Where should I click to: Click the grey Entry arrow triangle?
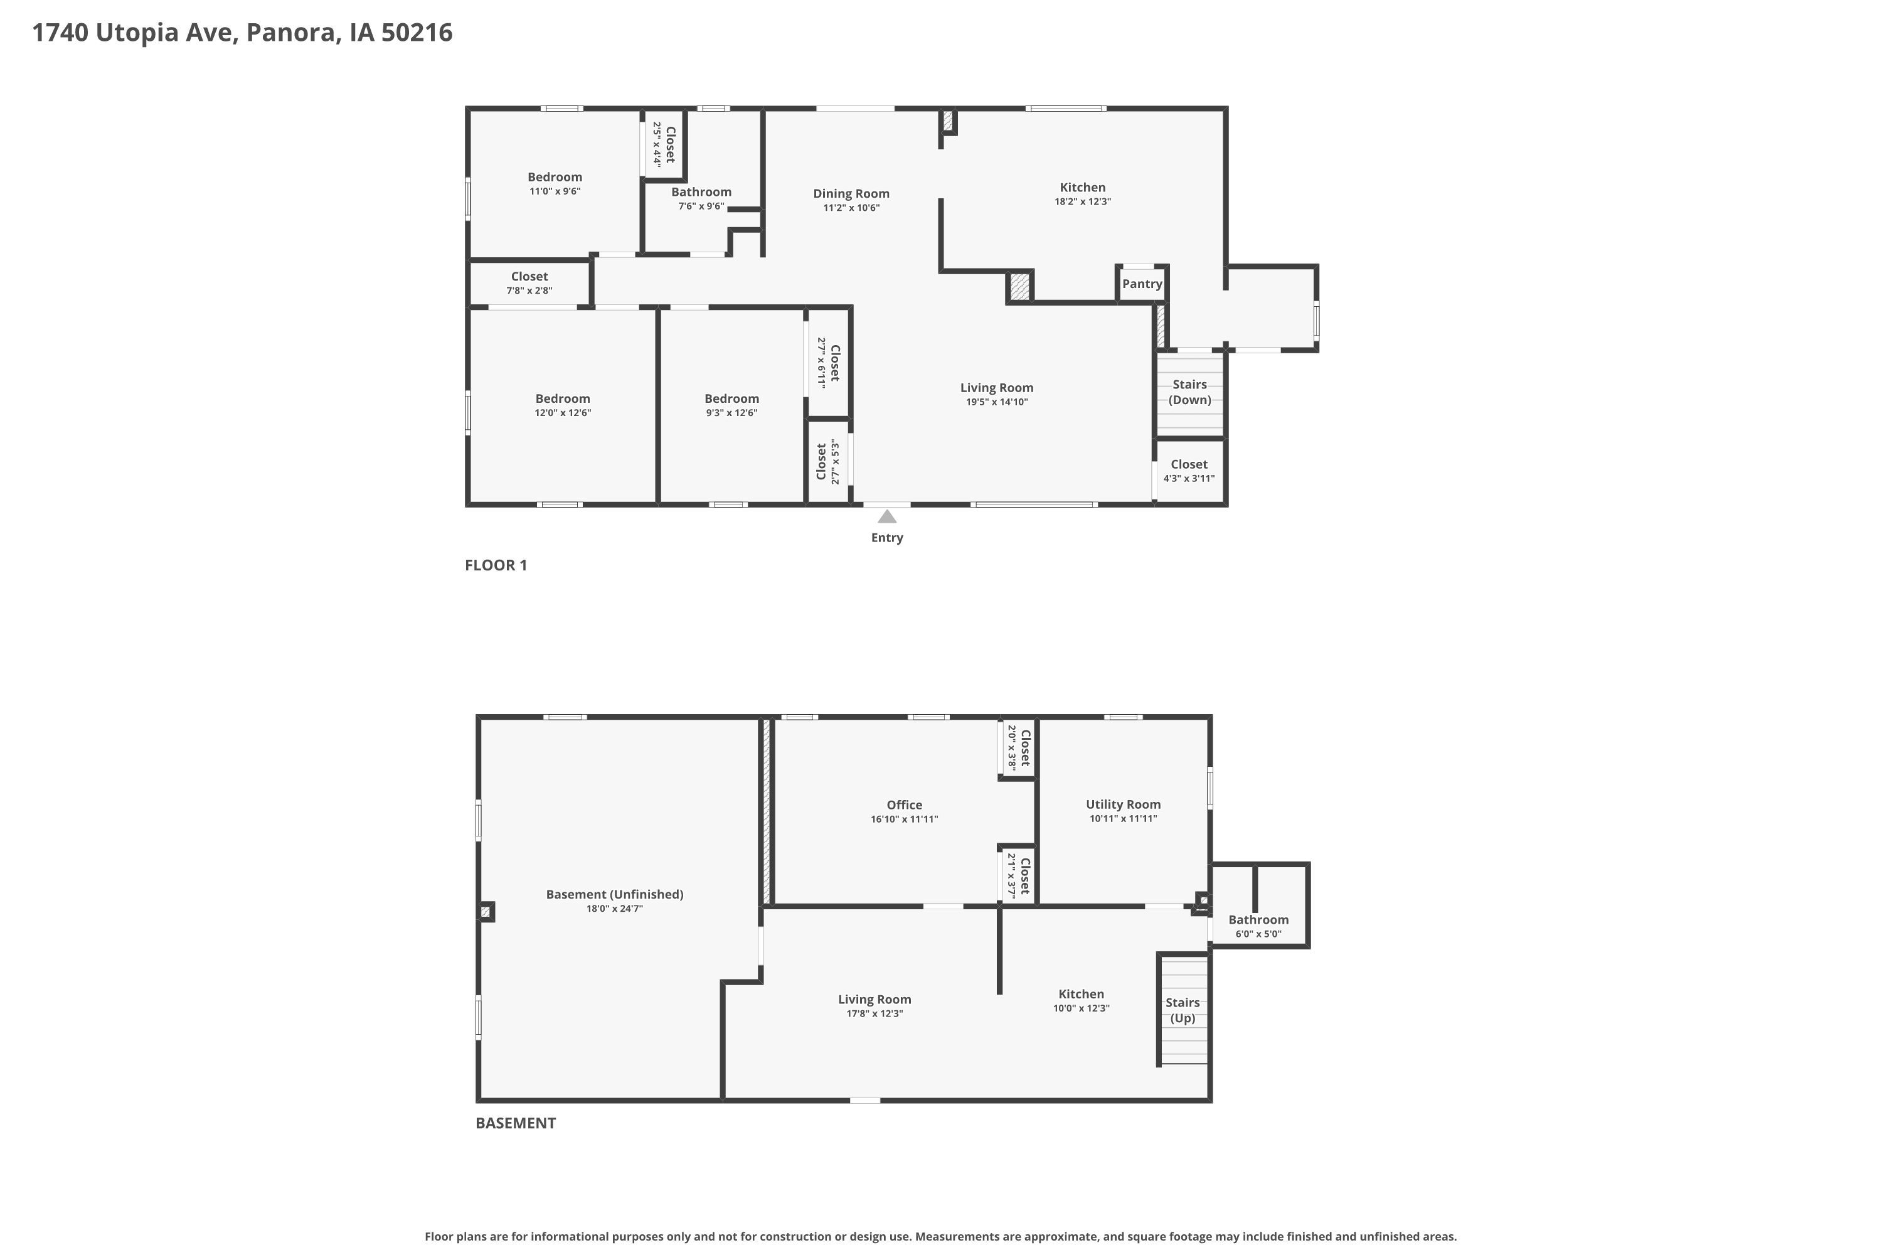(886, 516)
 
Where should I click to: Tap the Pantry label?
(1142, 284)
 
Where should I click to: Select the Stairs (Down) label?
(1190, 392)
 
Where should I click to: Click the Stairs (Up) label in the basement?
(1183, 1010)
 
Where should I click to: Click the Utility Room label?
(1124, 804)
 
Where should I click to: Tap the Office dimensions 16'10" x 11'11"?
(904, 820)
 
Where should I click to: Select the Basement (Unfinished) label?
(615, 895)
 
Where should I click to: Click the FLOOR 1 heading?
(496, 565)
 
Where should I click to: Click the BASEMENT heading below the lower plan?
(515, 1123)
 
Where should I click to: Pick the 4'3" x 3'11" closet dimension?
(1189, 479)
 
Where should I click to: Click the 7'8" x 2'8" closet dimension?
(529, 291)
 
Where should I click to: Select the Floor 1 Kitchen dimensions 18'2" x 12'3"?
(1083, 201)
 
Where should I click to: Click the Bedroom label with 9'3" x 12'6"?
(731, 398)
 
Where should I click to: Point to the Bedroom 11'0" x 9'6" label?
(555, 177)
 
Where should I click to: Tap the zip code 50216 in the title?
(417, 33)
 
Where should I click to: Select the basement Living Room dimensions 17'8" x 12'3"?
(875, 1014)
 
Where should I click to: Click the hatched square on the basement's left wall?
(486, 912)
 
